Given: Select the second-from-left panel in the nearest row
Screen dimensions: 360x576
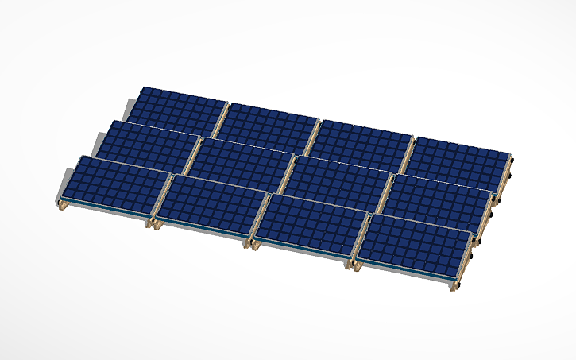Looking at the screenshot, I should click(x=211, y=206).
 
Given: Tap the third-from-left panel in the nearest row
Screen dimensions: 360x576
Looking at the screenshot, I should click(x=310, y=225).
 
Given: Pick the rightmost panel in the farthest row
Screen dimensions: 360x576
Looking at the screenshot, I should click(x=461, y=157).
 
